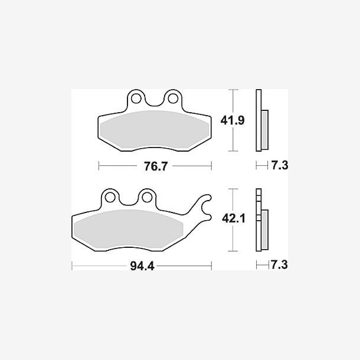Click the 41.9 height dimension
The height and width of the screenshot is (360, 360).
233,120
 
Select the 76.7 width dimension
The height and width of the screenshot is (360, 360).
156,166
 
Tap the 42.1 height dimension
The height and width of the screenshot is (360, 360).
234,218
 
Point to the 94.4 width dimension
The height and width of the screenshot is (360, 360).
142,266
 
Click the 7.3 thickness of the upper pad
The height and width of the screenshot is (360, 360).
280,165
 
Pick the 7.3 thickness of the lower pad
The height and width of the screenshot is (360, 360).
279,265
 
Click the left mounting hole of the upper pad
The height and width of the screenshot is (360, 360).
136,99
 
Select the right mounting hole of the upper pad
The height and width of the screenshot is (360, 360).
173,99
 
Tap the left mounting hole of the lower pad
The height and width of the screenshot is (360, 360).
110,198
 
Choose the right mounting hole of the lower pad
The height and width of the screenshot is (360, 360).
147,198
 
